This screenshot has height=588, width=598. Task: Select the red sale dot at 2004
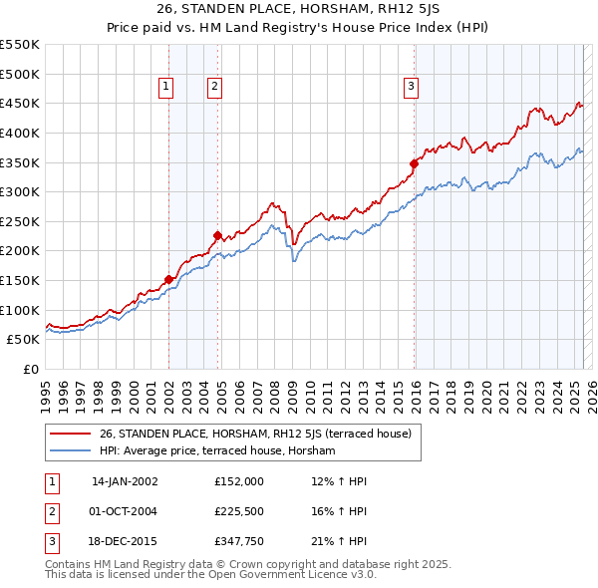(x=217, y=235)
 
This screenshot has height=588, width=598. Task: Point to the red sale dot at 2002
(x=168, y=279)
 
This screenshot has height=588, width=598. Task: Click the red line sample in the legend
(x=70, y=433)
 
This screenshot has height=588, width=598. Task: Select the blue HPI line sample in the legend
(x=70, y=450)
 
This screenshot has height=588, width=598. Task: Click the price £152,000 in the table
(x=238, y=481)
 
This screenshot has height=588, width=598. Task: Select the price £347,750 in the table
(x=238, y=543)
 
